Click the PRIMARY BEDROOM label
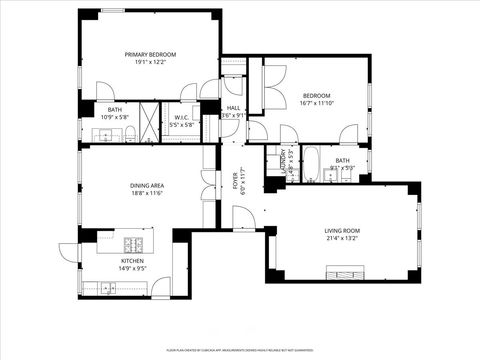(x=150, y=54)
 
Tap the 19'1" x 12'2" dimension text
(x=150, y=63)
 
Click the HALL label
(x=233, y=108)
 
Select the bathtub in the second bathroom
(x=309, y=164)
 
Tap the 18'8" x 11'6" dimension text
(x=147, y=193)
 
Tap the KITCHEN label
(x=132, y=259)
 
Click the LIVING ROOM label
(x=342, y=231)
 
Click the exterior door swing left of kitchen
(x=68, y=254)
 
